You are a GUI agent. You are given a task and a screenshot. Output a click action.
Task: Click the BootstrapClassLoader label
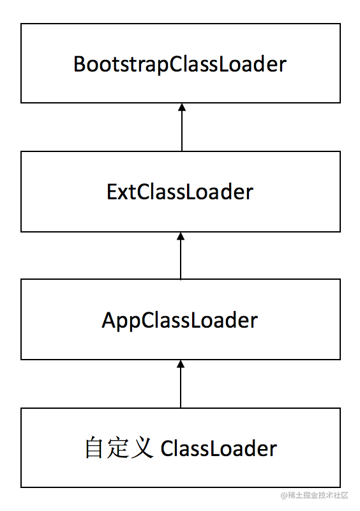click(180, 65)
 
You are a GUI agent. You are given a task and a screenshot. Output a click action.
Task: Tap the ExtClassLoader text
click(180, 192)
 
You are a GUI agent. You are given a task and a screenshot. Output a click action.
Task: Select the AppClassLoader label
click(180, 321)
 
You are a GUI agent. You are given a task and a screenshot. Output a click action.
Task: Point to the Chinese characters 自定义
click(119, 448)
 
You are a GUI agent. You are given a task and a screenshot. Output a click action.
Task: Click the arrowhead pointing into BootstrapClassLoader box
click(182, 107)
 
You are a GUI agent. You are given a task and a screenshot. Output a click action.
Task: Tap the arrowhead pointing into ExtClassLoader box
click(181, 236)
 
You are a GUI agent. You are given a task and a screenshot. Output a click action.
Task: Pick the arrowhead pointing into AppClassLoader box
click(181, 364)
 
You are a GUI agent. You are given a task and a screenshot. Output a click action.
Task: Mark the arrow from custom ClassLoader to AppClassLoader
click(181, 384)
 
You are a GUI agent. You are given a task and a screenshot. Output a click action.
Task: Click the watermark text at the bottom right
click(315, 496)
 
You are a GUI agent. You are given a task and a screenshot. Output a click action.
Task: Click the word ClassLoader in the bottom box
click(218, 448)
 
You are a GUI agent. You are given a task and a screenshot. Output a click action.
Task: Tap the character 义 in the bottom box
click(142, 448)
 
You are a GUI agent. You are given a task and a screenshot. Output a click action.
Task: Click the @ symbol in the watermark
click(284, 496)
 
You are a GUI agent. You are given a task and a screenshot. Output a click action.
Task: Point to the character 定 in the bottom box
click(117, 448)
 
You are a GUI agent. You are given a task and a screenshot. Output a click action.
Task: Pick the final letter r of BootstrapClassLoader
click(283, 66)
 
